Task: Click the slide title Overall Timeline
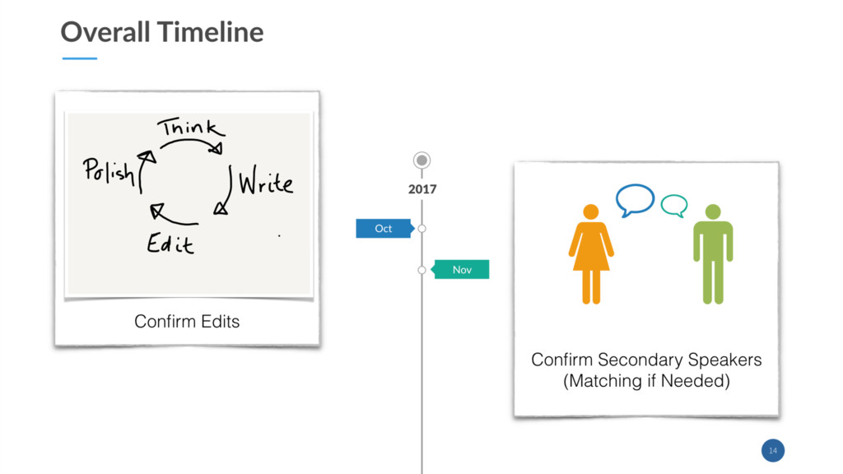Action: pos(162,32)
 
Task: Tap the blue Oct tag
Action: pos(383,228)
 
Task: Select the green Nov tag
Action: pos(462,269)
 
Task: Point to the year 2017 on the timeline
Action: pos(422,189)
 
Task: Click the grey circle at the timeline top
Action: pos(422,160)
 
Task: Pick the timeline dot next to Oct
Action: pos(422,228)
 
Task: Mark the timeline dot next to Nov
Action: pos(422,269)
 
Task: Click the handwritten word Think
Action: pos(191,129)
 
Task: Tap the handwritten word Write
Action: pos(265,183)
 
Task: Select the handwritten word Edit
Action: pos(170,243)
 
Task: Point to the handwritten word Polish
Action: pos(109,170)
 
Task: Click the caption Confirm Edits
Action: pos(187,321)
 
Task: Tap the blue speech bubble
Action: pos(635,199)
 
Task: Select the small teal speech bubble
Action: pos(674,205)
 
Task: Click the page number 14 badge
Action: pos(772,450)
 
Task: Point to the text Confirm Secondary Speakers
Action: pos(646,360)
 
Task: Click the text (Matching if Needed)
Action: pos(646,381)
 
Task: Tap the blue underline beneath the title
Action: pos(80,58)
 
